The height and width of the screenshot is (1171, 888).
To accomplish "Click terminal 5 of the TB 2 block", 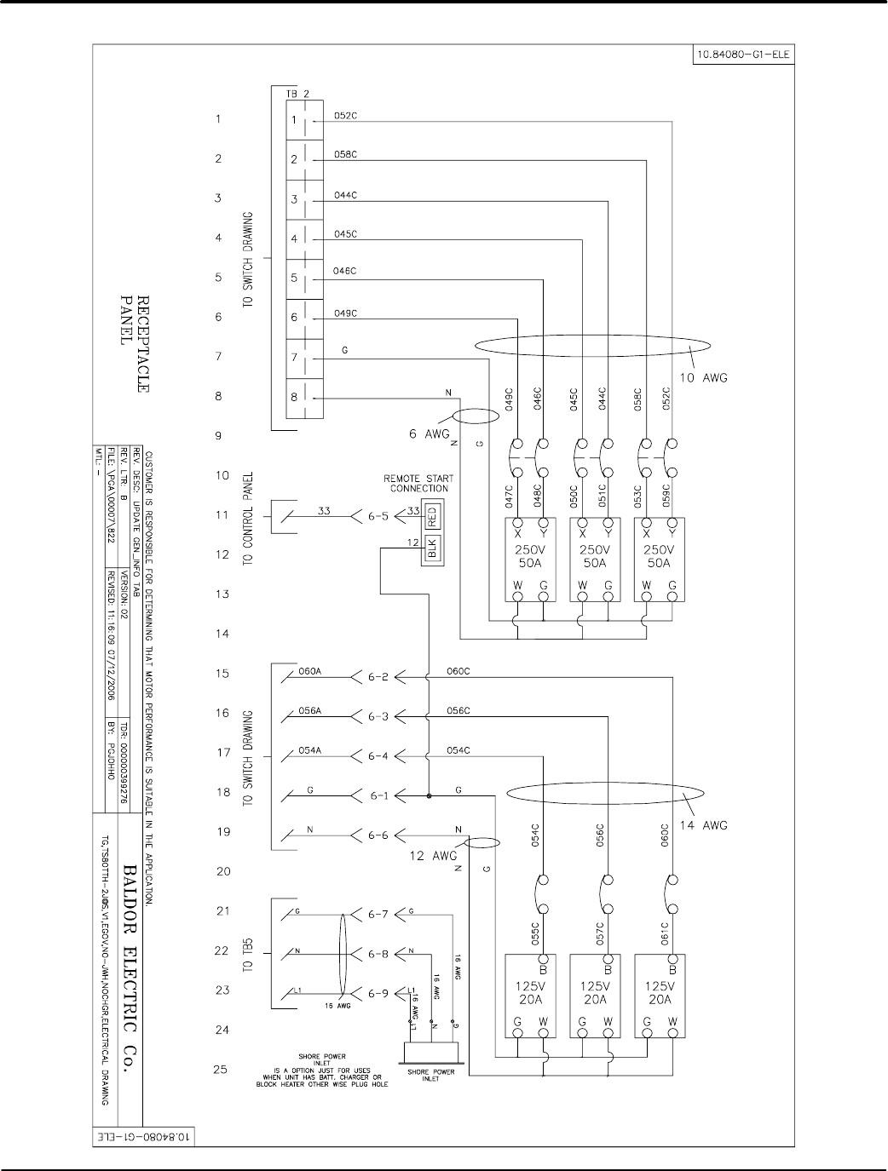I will (295, 278).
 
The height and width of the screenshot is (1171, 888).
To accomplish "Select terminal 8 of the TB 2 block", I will (295, 398).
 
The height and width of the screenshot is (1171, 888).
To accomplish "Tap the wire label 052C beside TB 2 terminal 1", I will (344, 116).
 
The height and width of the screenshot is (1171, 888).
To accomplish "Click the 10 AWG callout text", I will (705, 377).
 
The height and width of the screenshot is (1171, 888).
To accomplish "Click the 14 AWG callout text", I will (705, 824).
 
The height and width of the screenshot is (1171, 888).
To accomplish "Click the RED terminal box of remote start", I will (431, 515).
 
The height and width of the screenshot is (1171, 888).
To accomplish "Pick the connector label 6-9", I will (378, 992).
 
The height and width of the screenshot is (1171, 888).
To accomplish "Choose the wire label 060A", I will (309, 671).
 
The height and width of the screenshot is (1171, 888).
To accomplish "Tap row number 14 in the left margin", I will (222, 634).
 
